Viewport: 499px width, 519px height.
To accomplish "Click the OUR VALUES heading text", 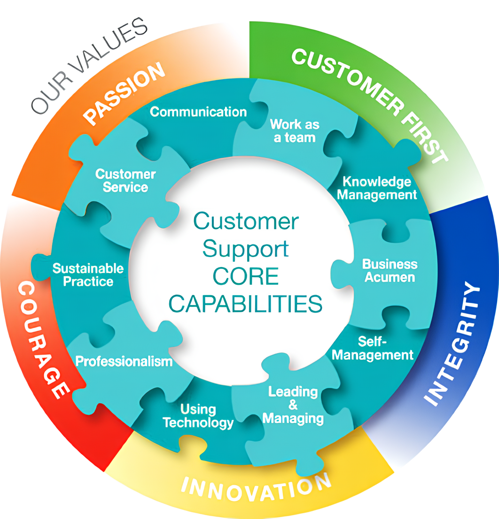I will [90, 66].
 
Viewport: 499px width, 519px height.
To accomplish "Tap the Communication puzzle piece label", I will [198, 112].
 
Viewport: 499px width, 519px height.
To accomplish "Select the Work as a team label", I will [295, 131].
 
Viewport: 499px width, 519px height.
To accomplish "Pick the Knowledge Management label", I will [377, 188].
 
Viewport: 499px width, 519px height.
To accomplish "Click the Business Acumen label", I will [390, 270].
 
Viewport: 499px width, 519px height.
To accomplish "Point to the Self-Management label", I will [373, 348].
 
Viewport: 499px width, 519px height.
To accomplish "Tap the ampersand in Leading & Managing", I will [293, 405].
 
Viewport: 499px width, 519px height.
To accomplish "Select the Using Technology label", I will [198, 416].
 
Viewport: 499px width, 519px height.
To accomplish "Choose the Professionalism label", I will [124, 361].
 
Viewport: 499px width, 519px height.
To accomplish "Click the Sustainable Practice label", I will [88, 275].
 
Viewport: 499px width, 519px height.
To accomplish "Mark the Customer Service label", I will [125, 181].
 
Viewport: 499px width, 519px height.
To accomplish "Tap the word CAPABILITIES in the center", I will [246, 304].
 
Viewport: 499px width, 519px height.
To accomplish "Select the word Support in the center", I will [246, 249].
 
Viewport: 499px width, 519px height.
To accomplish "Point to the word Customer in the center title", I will [246, 221].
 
